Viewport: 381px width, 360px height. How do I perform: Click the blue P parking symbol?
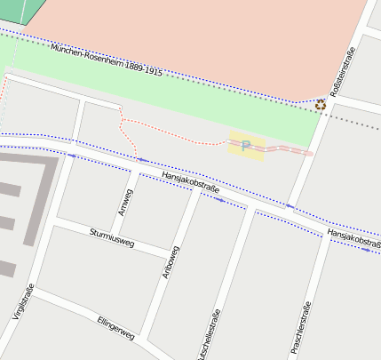pos(246,146)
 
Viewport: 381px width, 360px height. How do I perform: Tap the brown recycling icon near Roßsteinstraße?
pos(321,104)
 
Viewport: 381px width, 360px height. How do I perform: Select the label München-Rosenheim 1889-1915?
pos(107,60)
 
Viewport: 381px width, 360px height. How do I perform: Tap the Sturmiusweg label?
pos(112,236)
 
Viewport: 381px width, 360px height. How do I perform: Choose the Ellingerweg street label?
pos(115,327)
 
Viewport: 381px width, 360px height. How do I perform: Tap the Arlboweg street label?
pos(171,263)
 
